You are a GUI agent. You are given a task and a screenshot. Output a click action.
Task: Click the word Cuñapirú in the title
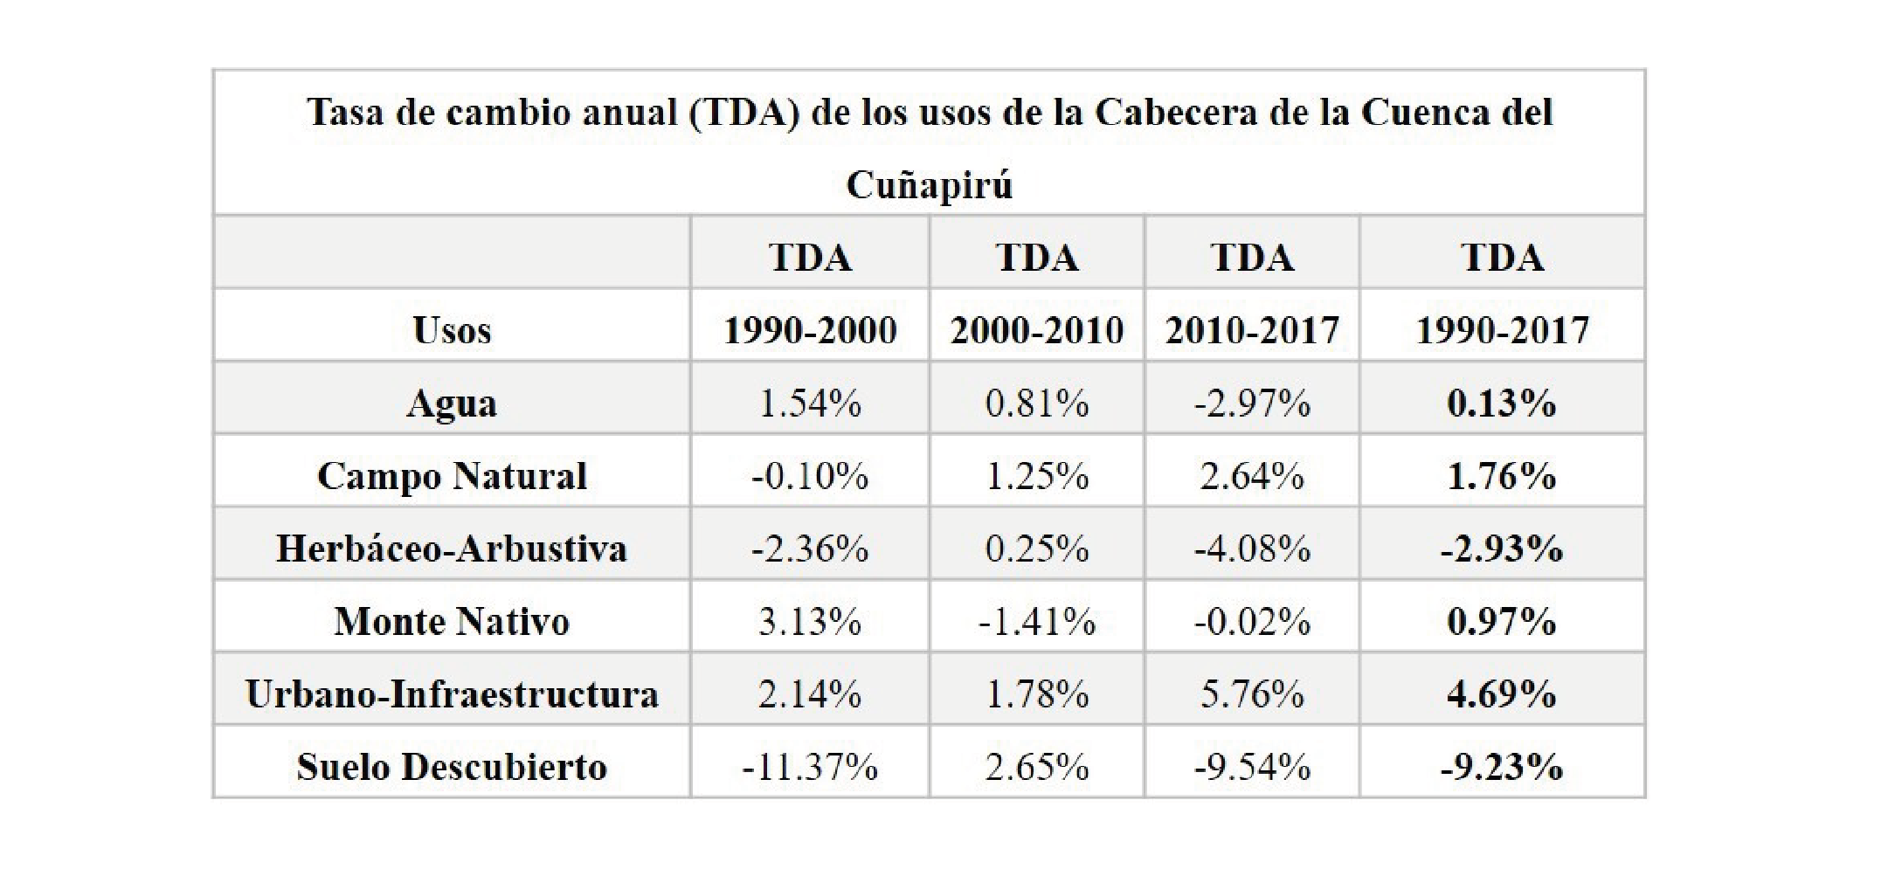click(x=929, y=185)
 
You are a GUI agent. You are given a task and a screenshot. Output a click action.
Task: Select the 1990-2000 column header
click(x=810, y=330)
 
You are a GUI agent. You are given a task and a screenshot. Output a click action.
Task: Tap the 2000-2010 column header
click(x=1037, y=330)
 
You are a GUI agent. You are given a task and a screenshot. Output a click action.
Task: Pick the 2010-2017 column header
click(x=1252, y=330)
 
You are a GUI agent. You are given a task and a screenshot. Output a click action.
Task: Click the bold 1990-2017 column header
click(x=1502, y=330)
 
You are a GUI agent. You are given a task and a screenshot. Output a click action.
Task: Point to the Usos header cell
click(x=452, y=330)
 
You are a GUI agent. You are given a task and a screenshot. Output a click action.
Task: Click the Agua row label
click(x=452, y=404)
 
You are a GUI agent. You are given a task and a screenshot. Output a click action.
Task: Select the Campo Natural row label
click(x=452, y=476)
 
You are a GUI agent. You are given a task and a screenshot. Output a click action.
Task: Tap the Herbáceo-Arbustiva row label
click(x=452, y=548)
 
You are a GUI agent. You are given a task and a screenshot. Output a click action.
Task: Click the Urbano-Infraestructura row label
click(x=452, y=694)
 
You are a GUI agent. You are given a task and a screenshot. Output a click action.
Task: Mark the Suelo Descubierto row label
click(x=452, y=767)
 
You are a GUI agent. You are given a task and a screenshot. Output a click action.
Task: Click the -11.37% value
click(x=810, y=767)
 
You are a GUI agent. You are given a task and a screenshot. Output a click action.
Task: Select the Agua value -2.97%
click(x=1252, y=404)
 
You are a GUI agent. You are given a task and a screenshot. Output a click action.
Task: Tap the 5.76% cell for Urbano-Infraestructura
click(x=1252, y=694)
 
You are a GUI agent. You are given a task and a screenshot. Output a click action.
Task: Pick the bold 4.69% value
click(x=1502, y=694)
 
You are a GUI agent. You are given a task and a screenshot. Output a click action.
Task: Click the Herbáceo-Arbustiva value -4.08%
click(x=1252, y=548)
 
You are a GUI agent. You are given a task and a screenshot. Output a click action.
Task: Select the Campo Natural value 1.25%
click(x=1037, y=476)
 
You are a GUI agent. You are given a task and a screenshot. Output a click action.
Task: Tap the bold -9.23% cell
click(x=1502, y=767)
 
